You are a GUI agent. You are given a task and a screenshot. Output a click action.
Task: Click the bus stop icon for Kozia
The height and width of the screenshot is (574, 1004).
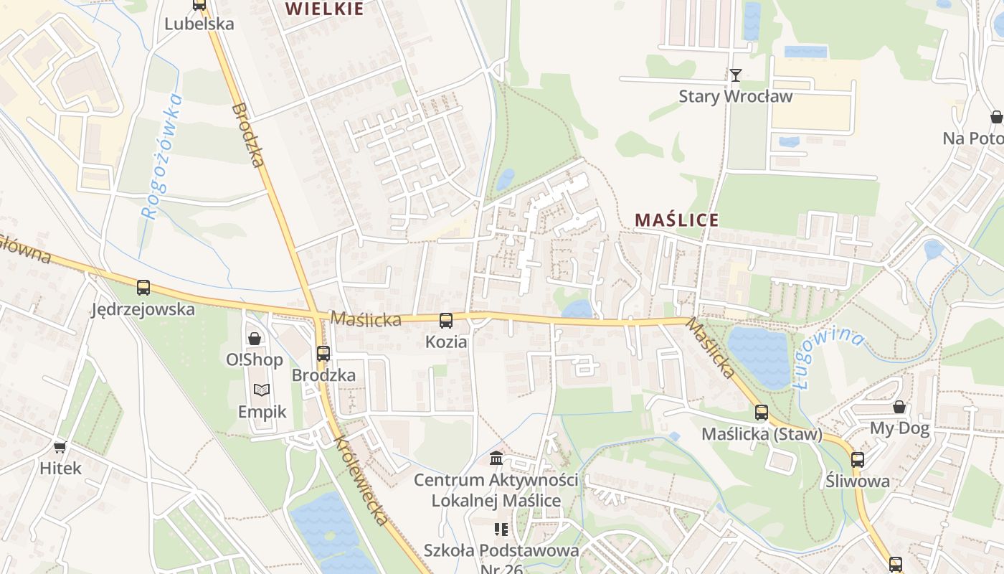(x=446, y=320)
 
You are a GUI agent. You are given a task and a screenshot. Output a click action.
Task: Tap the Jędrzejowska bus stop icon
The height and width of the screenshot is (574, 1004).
(x=143, y=288)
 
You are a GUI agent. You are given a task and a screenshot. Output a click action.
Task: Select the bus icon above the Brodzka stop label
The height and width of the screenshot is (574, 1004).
(x=323, y=353)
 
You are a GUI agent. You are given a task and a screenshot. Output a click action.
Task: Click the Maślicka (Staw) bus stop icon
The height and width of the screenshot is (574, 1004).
(x=762, y=413)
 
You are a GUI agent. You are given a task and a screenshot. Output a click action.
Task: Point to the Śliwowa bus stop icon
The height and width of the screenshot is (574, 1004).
(x=857, y=459)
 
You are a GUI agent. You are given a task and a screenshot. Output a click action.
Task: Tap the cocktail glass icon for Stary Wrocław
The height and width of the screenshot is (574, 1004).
(x=735, y=75)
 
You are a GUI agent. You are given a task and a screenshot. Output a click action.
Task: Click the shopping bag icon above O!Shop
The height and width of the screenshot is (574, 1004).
(x=255, y=338)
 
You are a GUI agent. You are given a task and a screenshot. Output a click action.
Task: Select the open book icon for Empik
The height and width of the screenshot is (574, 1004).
(x=262, y=390)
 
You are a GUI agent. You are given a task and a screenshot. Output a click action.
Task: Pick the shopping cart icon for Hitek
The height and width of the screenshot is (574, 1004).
(x=60, y=447)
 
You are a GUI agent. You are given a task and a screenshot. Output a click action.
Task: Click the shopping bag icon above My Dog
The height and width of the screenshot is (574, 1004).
(x=899, y=408)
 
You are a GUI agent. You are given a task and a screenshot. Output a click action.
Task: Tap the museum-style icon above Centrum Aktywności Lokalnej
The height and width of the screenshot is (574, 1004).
(x=496, y=458)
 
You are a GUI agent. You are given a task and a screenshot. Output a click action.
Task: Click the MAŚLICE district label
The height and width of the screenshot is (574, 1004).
(x=676, y=220)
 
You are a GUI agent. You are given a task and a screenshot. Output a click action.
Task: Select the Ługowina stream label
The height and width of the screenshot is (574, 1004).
(x=829, y=355)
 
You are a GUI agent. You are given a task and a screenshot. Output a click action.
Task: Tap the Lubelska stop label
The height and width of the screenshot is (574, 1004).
(x=199, y=24)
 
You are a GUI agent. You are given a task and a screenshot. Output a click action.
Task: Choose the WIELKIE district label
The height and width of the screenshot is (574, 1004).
(x=324, y=9)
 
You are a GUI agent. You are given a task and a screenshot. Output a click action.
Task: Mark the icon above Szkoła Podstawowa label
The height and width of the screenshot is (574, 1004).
(x=501, y=530)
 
